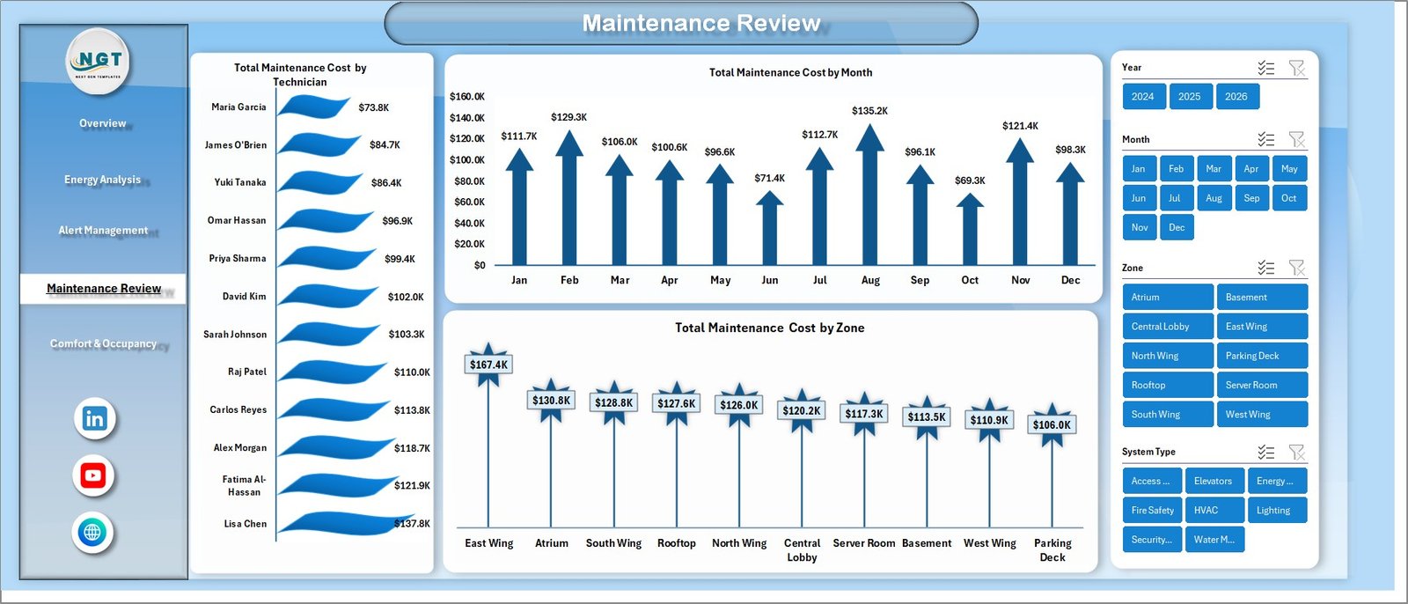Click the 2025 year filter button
[1190, 97]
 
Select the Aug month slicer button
[1214, 198]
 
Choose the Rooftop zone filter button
[1167, 385]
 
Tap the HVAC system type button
[1214, 510]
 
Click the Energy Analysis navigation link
[102, 180]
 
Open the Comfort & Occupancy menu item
[103, 343]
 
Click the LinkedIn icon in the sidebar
[94, 418]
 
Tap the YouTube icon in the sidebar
[93, 475]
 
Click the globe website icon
[92, 532]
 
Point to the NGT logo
[99, 61]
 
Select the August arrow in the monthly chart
[869, 194]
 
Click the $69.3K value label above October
[970, 180]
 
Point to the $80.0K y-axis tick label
[467, 181]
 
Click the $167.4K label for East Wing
[488, 365]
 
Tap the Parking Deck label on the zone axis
[1052, 550]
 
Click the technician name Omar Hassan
[237, 220]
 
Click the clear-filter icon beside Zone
[1296, 268]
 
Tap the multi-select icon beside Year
[1265, 68]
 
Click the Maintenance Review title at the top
[701, 23]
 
